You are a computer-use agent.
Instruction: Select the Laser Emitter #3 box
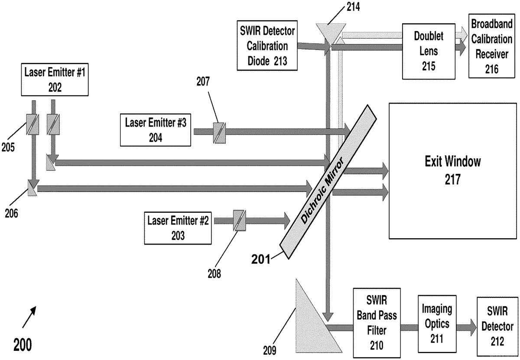coord(156,129)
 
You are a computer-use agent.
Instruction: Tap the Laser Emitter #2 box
coord(178,228)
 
